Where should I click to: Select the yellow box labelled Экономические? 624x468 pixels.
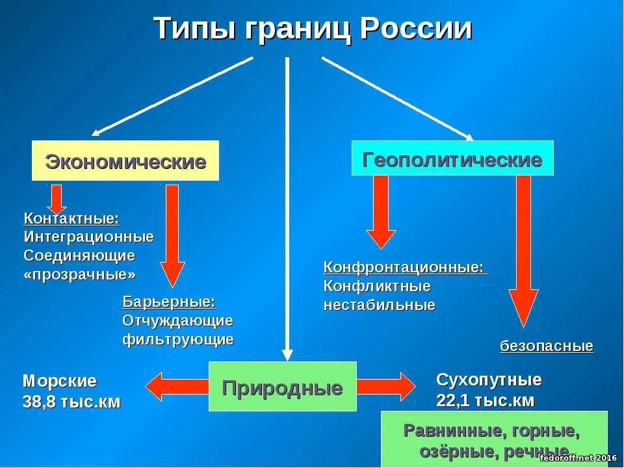(x=125, y=161)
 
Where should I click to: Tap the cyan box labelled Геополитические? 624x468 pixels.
(x=452, y=159)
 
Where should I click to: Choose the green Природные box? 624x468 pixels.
(x=282, y=388)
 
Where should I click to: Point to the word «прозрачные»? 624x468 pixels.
(x=80, y=274)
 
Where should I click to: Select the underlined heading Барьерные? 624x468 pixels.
(x=168, y=302)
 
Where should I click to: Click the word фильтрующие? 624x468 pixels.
(x=177, y=339)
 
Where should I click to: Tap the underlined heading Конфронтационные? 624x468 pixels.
(x=404, y=267)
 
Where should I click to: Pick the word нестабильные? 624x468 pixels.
(x=379, y=305)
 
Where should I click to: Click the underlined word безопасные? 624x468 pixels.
(x=547, y=346)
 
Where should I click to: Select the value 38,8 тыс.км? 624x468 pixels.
(x=71, y=402)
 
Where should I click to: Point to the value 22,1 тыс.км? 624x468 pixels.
(x=485, y=400)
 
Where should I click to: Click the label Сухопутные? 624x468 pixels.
(x=489, y=380)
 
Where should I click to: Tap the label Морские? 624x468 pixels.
(x=60, y=381)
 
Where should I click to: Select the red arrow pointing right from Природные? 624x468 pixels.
(x=385, y=387)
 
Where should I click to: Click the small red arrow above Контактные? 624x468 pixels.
(x=56, y=197)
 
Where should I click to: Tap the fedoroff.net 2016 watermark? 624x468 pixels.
(x=577, y=458)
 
